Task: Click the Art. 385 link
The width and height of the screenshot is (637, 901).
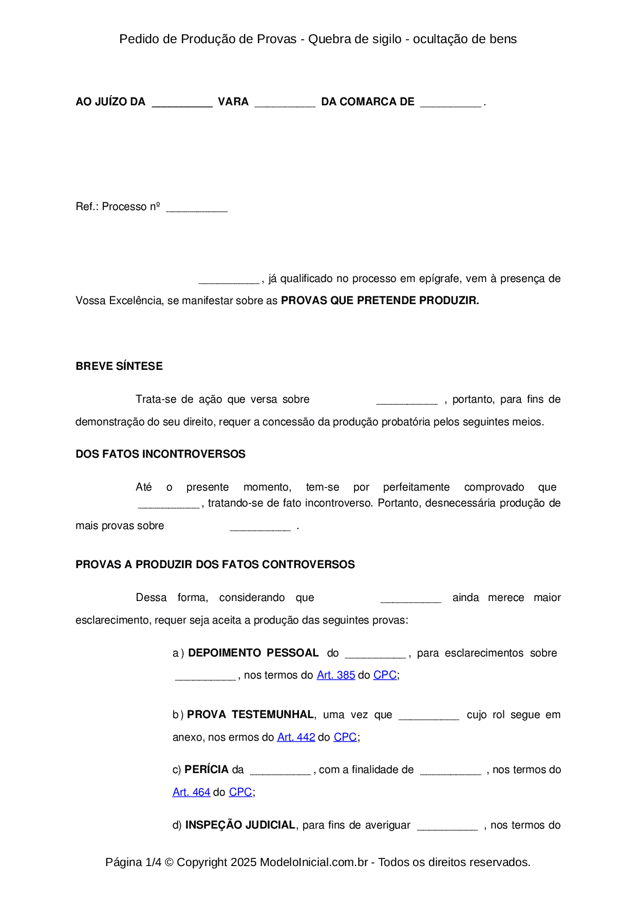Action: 335,675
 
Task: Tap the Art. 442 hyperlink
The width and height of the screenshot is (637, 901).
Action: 296,737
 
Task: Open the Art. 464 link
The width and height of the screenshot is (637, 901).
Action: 191,792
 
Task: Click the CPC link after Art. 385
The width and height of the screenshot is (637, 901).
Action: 385,675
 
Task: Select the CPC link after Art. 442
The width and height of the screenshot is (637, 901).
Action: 345,737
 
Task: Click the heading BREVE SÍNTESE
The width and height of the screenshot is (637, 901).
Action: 119,366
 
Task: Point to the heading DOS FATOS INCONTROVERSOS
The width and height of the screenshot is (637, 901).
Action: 160,454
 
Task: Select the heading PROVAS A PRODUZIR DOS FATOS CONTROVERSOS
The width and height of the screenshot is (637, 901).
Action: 215,565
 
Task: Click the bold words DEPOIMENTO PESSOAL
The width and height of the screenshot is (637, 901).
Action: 253,653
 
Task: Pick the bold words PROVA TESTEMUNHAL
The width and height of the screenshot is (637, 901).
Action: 250,715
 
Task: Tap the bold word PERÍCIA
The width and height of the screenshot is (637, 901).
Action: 207,769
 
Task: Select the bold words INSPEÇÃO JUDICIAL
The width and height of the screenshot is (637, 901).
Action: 240,825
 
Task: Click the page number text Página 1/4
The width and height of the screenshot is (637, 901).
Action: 133,862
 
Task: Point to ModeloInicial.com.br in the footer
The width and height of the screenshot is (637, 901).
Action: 314,862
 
